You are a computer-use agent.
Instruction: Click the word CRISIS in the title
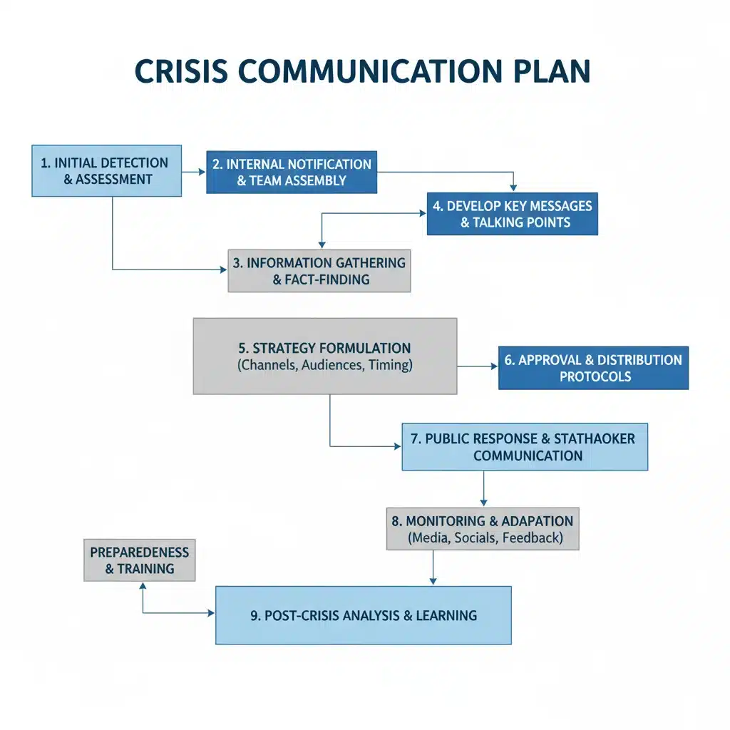point(181,71)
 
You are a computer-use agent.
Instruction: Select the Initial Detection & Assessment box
point(107,171)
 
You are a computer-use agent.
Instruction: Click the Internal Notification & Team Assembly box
point(292,173)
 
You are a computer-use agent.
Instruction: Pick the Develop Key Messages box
point(512,214)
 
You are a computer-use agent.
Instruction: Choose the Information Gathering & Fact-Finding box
point(319,271)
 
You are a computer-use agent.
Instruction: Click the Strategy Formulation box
point(325,356)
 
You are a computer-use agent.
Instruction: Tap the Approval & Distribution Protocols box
point(593,368)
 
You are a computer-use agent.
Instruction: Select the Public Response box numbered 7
point(525,447)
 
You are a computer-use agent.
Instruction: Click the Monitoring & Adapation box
point(483,529)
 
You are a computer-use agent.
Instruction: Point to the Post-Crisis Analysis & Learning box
point(363,615)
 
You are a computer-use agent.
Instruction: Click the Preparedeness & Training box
point(140,560)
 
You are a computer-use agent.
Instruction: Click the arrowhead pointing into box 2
point(202,172)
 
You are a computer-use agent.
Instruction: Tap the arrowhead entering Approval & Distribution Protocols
point(495,366)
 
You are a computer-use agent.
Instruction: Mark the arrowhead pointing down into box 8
point(484,503)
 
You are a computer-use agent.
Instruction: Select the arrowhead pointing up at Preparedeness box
point(143,586)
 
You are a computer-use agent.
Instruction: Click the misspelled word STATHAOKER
point(595,438)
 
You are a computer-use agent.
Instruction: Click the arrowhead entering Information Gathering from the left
point(223,269)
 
